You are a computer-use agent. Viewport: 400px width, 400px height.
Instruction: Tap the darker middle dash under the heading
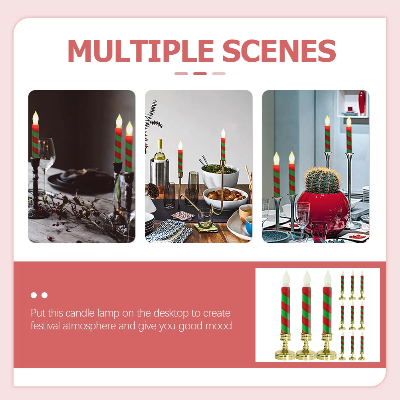(x=200, y=73)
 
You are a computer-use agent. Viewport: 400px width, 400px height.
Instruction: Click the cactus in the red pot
(x=323, y=180)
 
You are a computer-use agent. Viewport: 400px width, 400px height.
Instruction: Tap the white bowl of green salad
(x=220, y=174)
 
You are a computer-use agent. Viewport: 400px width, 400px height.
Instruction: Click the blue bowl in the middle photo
(x=249, y=226)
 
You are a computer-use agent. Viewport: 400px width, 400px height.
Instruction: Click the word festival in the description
(x=45, y=326)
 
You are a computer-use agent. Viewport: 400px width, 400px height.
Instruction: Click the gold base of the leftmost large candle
(x=285, y=352)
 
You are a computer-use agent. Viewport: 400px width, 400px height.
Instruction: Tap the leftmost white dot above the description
(x=34, y=295)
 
